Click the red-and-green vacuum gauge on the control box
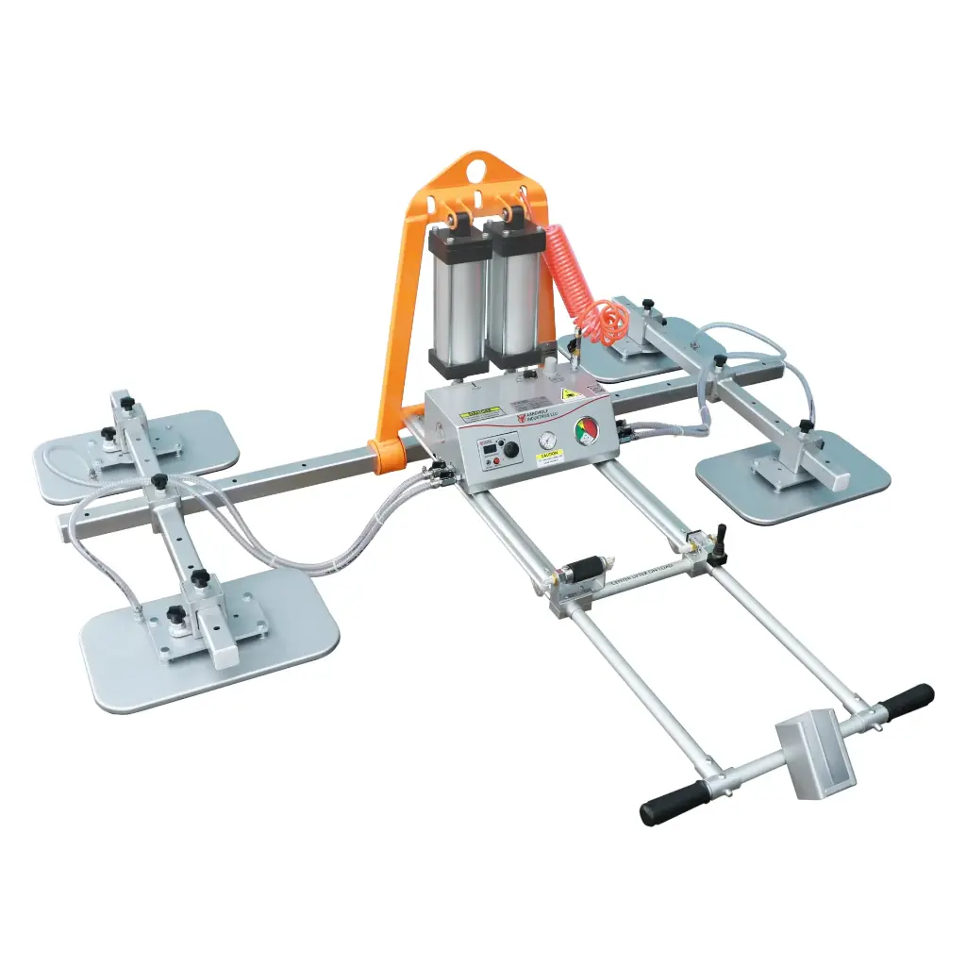pos(587,431)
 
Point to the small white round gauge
pos(546,440)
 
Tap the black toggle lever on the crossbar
pos(721,544)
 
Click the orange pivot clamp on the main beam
pos(386,454)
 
